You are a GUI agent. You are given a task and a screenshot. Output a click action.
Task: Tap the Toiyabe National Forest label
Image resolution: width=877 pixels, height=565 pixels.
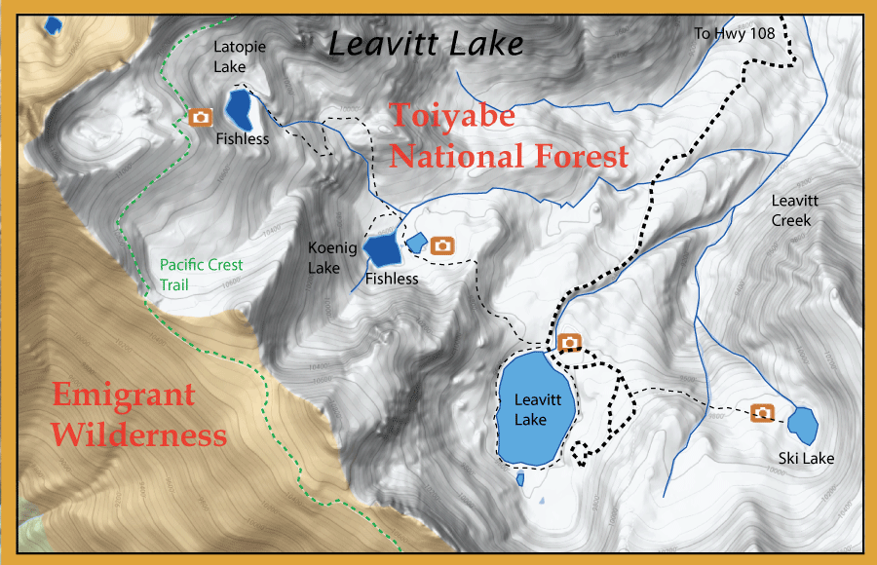[x=508, y=136]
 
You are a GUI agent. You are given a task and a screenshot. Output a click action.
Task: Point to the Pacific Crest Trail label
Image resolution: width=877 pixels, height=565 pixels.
[x=201, y=275]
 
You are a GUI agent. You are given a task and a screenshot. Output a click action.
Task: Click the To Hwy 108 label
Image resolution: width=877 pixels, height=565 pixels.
[x=734, y=33]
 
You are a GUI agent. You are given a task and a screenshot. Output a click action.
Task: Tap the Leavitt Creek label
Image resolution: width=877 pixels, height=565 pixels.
[x=791, y=210]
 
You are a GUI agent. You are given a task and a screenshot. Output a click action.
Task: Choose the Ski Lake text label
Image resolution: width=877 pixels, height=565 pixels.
[x=806, y=458]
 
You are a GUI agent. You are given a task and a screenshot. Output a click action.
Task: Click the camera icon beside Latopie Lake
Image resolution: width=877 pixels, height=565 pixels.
[x=201, y=118]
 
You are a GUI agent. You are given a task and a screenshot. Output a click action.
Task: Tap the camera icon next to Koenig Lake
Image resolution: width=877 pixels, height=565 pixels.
[x=442, y=245]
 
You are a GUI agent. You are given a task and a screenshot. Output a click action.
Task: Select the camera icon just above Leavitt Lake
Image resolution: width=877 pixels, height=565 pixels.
[x=569, y=342]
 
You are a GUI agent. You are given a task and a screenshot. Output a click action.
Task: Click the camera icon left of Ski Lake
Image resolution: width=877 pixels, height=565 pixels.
[x=763, y=413]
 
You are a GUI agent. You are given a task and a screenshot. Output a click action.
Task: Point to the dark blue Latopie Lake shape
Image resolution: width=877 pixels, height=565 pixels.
[x=239, y=109]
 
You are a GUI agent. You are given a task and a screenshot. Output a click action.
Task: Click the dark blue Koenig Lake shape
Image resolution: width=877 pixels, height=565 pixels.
[x=382, y=249]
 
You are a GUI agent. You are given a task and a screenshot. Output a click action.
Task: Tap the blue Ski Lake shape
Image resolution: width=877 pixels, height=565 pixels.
[x=802, y=424]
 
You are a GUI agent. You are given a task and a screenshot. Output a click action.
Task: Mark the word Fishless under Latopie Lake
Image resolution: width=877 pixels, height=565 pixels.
[x=244, y=139]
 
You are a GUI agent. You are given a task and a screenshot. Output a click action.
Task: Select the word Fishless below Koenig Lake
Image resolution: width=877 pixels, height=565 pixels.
[x=392, y=280]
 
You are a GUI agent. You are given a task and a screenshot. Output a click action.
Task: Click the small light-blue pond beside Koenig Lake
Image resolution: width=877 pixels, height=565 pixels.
[x=416, y=241]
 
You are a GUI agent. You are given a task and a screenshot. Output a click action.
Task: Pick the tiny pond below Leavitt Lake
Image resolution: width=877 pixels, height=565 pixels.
[x=519, y=479]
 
